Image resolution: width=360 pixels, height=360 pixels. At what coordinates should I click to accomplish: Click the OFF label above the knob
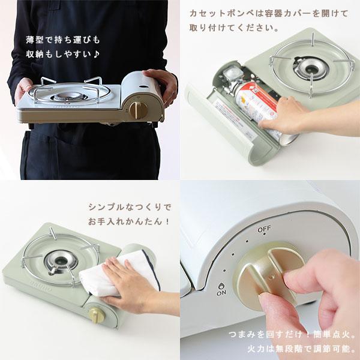point(264,230)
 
